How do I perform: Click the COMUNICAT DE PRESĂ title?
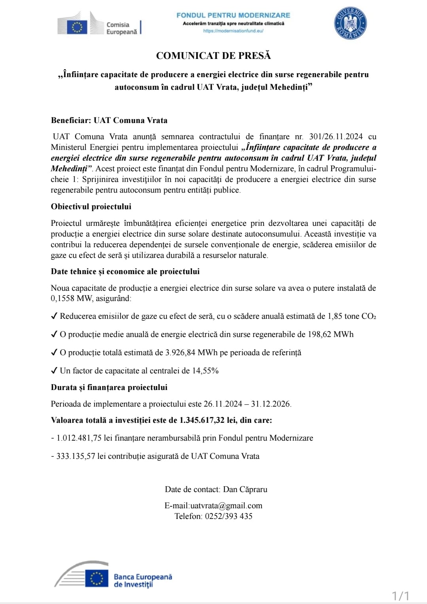coord(213,56)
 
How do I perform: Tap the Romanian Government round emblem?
coord(350,24)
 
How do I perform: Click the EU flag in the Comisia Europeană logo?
coord(77,27)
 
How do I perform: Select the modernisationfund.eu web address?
coord(233,31)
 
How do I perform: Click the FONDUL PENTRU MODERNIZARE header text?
coord(233,15)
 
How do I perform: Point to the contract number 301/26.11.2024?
coord(336,137)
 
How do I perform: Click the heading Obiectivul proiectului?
coord(91,206)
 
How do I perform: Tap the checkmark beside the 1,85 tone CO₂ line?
coord(55,316)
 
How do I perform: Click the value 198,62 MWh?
coord(330,334)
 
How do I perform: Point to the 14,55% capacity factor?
coord(205,371)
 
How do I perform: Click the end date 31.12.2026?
coord(271,404)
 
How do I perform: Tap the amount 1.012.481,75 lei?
coord(79,438)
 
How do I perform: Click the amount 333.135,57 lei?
coord(76,456)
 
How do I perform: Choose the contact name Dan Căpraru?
coord(245,489)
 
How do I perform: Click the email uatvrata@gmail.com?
coord(226,506)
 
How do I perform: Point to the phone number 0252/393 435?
coord(228,516)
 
